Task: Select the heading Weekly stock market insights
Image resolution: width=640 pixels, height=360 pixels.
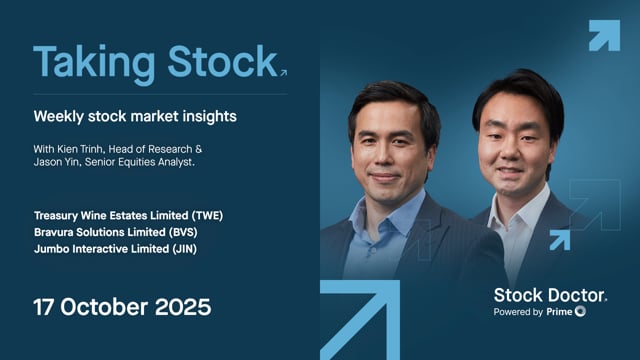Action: pyautogui.click(x=135, y=117)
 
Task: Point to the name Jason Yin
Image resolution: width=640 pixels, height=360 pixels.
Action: pyautogui.click(x=59, y=162)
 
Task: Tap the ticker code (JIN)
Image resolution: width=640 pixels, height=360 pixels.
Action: pyautogui.click(x=184, y=249)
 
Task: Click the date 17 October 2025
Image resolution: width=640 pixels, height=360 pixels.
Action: pyautogui.click(x=122, y=305)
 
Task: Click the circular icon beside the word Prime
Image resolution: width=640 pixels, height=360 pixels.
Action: pyautogui.click(x=581, y=312)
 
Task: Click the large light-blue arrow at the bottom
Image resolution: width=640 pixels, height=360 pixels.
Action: pyautogui.click(x=360, y=320)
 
